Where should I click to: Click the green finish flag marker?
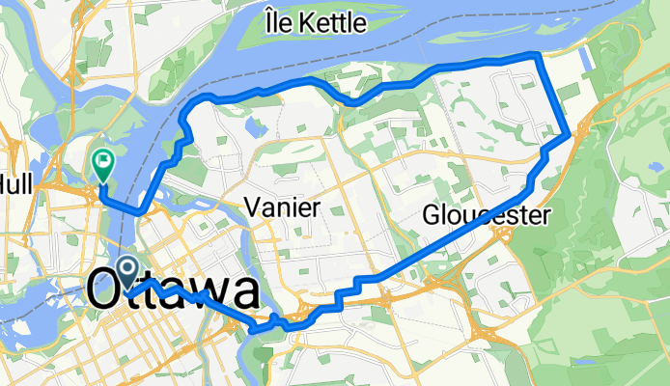click(101, 161)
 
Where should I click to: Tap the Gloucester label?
click(487, 215)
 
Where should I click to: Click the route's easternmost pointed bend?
click(574, 131)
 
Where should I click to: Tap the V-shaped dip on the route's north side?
click(353, 99)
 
